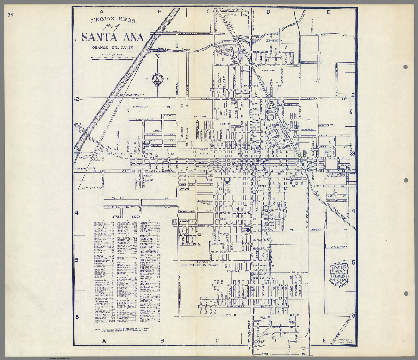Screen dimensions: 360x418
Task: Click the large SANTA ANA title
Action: pyautogui.click(x=113, y=37)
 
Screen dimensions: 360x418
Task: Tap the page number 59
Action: pyautogui.click(x=11, y=15)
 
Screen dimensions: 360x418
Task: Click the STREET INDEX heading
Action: pyautogui.click(x=126, y=216)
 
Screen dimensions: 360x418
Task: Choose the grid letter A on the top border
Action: pyautogui.click(x=102, y=11)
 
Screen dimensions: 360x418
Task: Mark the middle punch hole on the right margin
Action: pyautogui.click(x=405, y=180)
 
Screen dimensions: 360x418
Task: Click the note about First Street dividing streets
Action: pyautogui.click(x=124, y=330)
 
